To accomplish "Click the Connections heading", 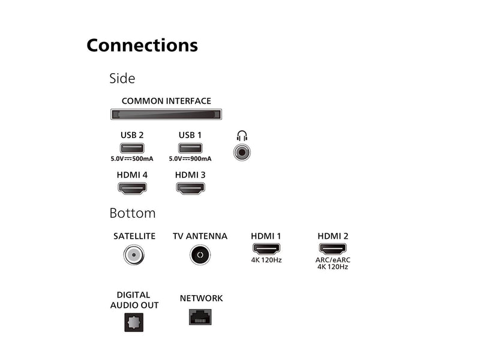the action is [x=142, y=46].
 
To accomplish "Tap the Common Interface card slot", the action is [x=166, y=115].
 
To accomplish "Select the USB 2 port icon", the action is [x=132, y=148].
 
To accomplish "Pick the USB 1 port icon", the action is [x=190, y=148].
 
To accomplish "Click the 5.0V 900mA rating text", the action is [x=190, y=158].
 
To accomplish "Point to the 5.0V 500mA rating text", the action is [x=132, y=158].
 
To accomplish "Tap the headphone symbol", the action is [x=242, y=136].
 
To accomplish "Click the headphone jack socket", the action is [x=242, y=152].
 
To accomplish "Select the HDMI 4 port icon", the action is [x=132, y=188].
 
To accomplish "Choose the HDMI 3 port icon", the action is [x=190, y=188].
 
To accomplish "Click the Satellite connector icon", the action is [x=134, y=255].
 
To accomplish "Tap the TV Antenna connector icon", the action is [x=200, y=255].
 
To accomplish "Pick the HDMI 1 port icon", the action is [x=266, y=249].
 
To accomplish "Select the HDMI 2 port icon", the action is [x=333, y=249].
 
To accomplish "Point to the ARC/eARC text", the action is [x=333, y=260].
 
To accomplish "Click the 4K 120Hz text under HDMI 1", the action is [x=266, y=260].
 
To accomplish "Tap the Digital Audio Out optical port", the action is [x=134, y=322].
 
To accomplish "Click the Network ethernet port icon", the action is [x=200, y=317].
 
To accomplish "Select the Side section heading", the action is [x=122, y=79].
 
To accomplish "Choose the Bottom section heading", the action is [x=133, y=214].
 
